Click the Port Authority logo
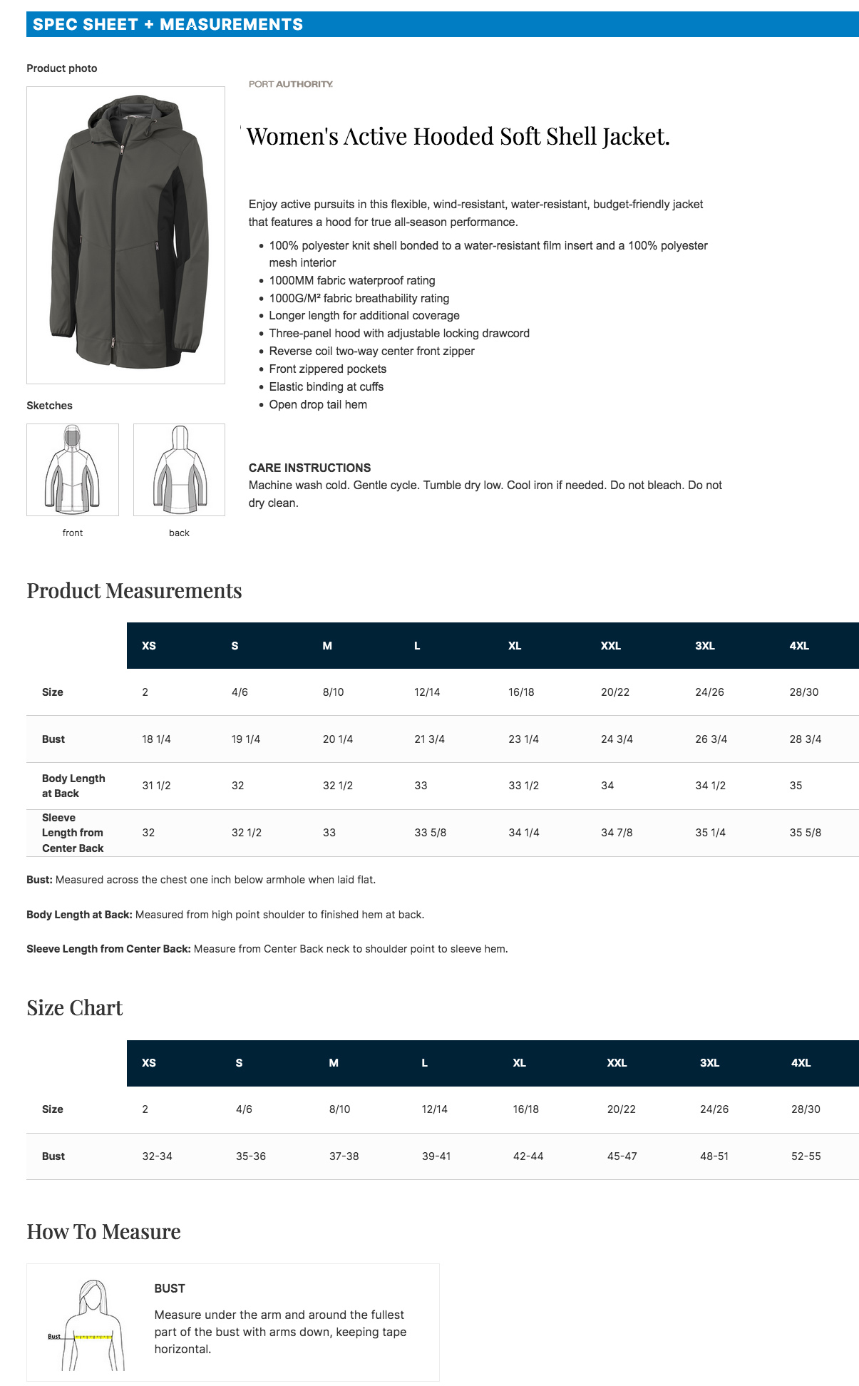(290, 84)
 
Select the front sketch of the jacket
(73, 470)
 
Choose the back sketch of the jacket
(179, 470)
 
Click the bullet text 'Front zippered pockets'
(327, 369)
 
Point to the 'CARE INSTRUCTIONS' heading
(309, 468)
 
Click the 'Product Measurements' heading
(134, 591)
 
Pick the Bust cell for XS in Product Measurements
(156, 739)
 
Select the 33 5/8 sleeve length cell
(430, 833)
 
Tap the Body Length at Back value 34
(607, 786)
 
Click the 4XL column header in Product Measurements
(798, 646)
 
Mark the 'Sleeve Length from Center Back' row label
(73, 833)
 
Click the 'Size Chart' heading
(75, 1008)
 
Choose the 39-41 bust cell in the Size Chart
(436, 1156)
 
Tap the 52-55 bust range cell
(806, 1156)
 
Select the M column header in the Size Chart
(334, 1063)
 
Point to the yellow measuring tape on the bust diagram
(93, 1337)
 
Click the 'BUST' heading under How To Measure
(170, 1288)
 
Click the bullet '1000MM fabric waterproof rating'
(352, 280)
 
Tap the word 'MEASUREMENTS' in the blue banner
(231, 24)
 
